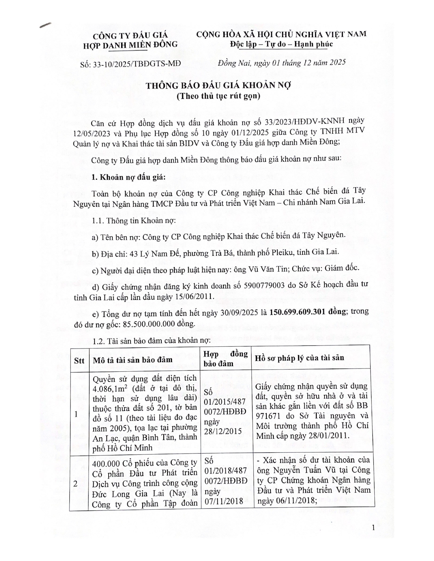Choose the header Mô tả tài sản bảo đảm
(132, 360)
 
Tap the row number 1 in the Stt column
(76, 414)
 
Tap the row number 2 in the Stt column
(76, 484)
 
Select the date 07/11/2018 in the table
(223, 501)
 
